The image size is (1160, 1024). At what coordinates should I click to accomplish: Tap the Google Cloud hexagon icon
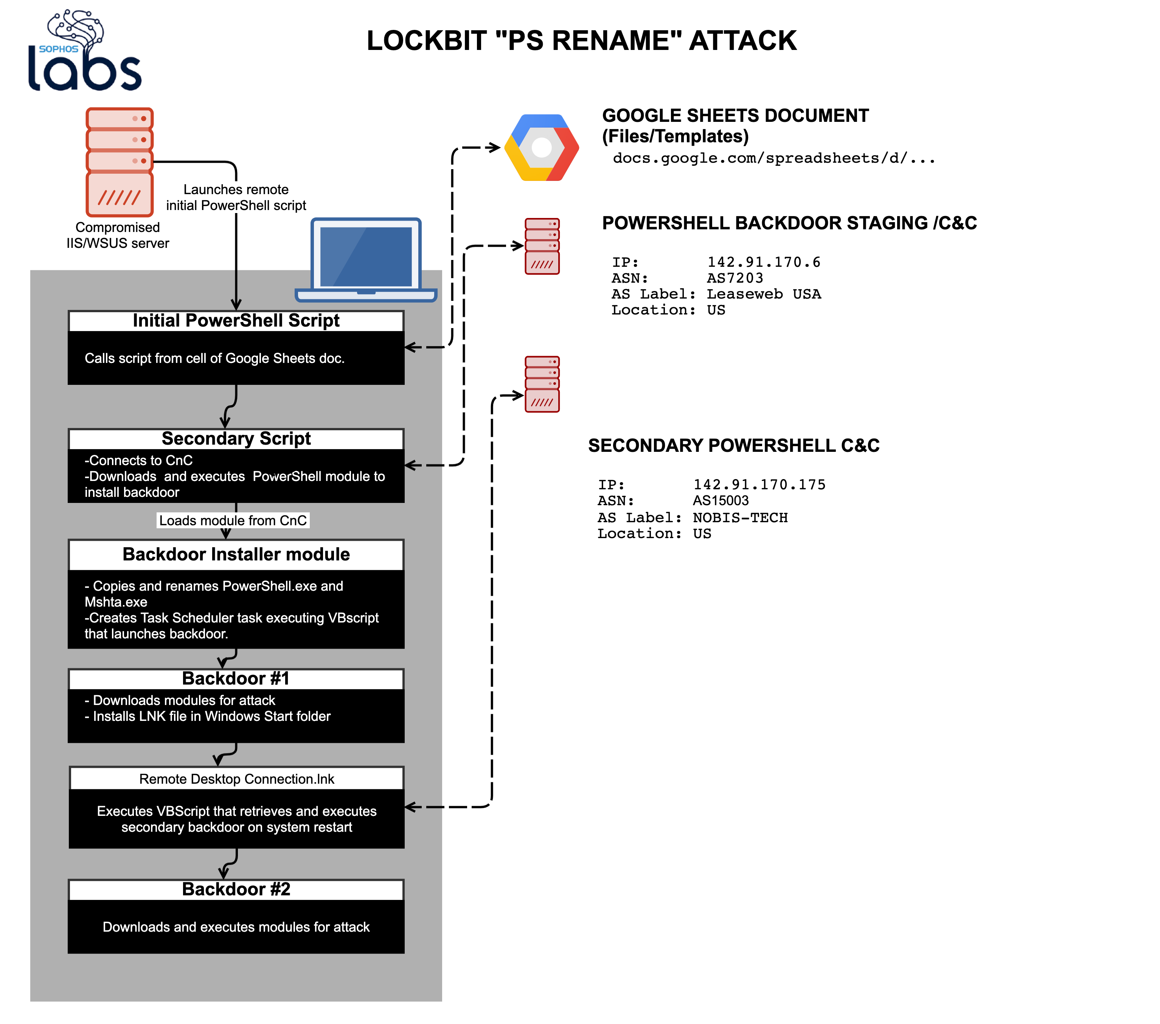click(541, 148)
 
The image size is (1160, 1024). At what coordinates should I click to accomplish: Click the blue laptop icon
click(366, 260)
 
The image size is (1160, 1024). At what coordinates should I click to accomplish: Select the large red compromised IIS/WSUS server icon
click(120, 162)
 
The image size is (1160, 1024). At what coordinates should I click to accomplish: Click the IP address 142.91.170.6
click(763, 262)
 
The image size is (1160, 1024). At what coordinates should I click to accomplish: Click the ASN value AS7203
click(735, 278)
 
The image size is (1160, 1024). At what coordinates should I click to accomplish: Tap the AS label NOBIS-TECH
click(740, 517)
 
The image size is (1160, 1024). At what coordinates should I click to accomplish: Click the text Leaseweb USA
click(763, 294)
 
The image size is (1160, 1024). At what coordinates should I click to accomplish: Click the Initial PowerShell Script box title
click(236, 321)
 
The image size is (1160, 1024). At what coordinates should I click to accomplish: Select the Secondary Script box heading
click(236, 439)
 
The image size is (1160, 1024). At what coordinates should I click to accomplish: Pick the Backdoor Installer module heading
click(236, 554)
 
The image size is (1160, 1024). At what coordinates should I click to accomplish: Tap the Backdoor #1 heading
click(236, 679)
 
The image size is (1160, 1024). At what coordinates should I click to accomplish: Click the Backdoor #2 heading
click(236, 889)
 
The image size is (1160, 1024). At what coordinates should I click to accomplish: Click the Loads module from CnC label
click(233, 521)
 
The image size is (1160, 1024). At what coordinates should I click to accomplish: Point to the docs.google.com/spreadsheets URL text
click(773, 158)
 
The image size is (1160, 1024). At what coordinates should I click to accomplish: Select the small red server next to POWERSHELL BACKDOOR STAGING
click(542, 246)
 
